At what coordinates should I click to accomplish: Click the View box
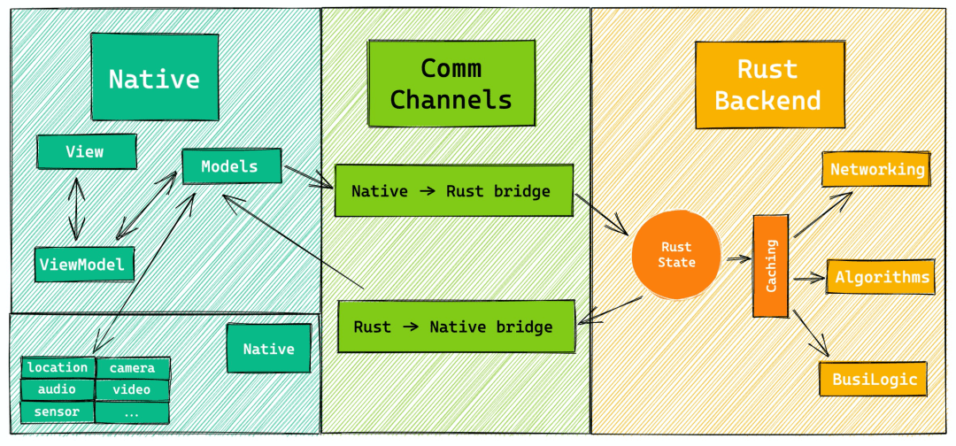click(87, 151)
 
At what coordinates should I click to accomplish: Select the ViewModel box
click(84, 265)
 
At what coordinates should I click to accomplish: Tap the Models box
click(232, 165)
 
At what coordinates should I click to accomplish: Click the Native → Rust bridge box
click(453, 190)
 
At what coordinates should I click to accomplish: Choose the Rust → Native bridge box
click(456, 326)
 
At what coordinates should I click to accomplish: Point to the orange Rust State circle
click(677, 255)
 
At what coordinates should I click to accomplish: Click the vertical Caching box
click(771, 265)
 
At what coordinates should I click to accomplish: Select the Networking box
click(876, 169)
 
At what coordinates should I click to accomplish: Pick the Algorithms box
click(881, 277)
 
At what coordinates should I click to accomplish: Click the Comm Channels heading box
click(451, 83)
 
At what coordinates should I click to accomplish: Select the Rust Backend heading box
click(770, 85)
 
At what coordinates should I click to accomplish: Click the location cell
click(58, 367)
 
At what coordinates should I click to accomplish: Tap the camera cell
click(132, 368)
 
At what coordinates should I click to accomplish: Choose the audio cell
click(58, 389)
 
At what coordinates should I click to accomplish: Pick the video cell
click(132, 390)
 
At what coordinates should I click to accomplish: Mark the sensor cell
click(58, 411)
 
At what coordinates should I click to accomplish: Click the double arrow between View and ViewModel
click(76, 208)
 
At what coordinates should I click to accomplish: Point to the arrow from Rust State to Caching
click(737, 259)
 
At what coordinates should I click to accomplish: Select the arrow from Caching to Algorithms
click(808, 279)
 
